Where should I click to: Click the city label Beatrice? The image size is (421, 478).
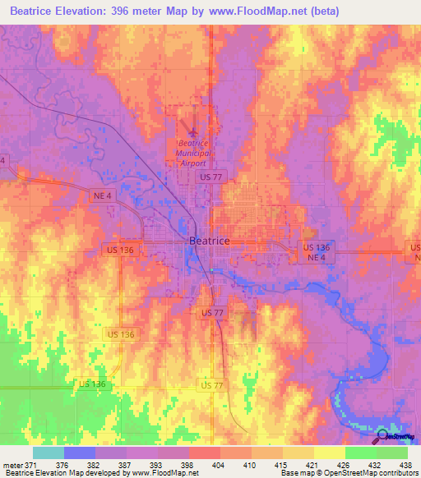[210, 241]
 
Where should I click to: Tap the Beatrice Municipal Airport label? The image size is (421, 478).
[194, 152]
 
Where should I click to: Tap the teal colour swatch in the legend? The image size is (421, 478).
[49, 453]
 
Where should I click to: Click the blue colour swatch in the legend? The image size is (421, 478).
[80, 453]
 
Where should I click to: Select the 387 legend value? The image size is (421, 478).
[125, 465]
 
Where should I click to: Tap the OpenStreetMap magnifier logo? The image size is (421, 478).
[383, 436]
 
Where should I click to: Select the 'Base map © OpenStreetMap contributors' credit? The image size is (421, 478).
[349, 474]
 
